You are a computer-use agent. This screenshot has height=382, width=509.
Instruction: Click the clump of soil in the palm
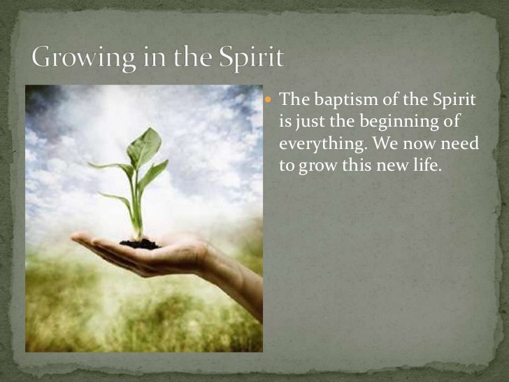point(140,243)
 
